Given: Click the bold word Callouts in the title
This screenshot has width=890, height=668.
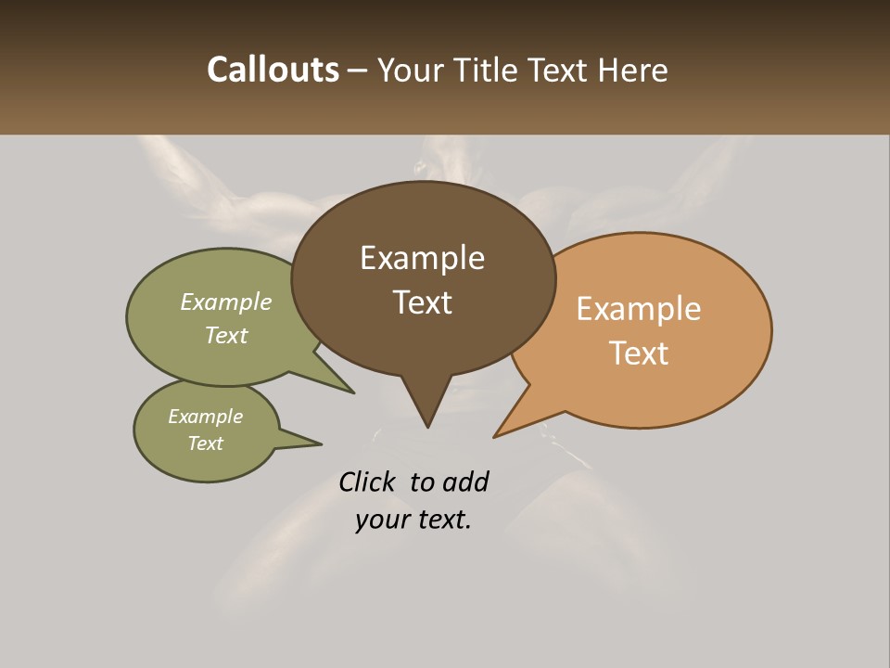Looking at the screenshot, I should click(273, 70).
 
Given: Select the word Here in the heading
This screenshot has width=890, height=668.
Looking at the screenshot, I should click(632, 71).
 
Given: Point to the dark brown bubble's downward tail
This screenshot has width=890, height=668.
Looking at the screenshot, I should click(426, 408).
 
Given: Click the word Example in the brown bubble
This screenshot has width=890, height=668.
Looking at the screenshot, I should click(422, 258).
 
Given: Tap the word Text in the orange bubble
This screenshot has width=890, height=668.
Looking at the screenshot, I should click(639, 353).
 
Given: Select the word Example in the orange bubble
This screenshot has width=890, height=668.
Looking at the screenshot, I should click(639, 309).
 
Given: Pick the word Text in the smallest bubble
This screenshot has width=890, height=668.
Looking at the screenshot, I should click(206, 443).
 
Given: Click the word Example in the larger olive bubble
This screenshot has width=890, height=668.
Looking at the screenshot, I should click(226, 302).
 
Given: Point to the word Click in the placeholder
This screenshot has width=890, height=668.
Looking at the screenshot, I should click(366, 482).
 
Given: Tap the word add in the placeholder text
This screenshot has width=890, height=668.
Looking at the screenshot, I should click(464, 482).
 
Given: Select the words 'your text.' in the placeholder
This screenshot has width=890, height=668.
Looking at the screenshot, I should click(413, 520).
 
